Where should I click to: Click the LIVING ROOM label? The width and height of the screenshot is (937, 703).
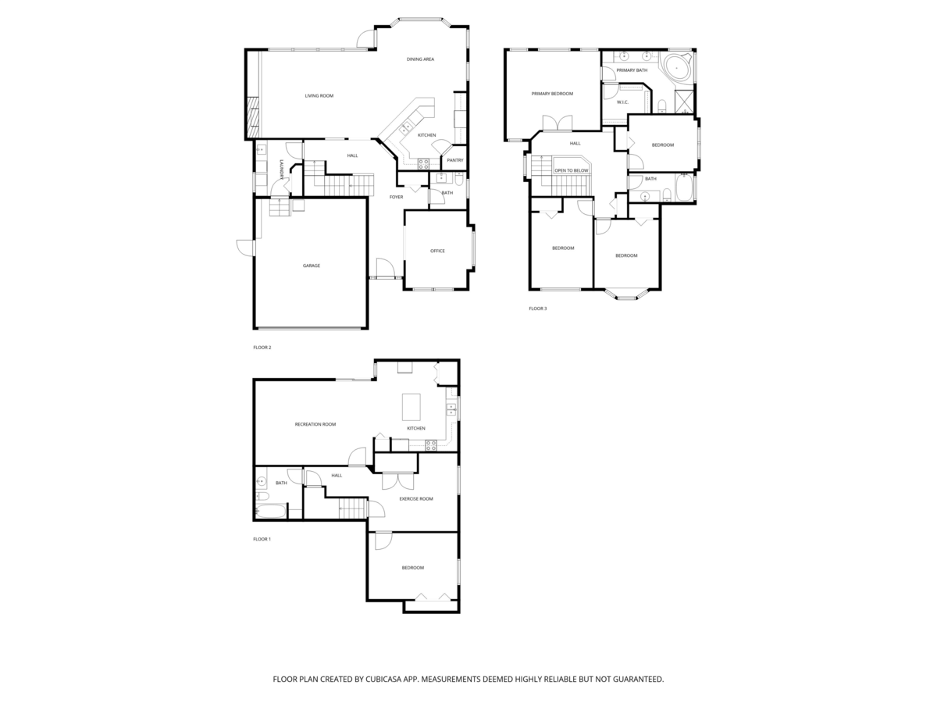(x=319, y=96)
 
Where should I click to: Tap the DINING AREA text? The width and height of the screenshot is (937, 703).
(x=420, y=59)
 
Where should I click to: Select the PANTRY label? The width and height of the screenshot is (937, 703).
(x=455, y=160)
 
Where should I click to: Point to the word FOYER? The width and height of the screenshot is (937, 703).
(x=397, y=197)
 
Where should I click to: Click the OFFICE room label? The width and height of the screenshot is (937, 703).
(x=437, y=251)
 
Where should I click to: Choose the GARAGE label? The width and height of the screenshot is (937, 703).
(x=312, y=266)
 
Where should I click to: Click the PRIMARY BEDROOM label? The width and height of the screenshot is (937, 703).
(x=552, y=94)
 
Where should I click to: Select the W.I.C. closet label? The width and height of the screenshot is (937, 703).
(x=623, y=102)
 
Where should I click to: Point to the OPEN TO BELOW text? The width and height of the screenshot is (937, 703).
(x=572, y=170)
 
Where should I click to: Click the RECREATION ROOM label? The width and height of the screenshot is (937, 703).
(x=315, y=424)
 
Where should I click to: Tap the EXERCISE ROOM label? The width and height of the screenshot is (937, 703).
(x=416, y=498)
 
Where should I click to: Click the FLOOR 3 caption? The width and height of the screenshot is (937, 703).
(x=538, y=309)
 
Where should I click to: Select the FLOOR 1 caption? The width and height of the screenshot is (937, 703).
(x=262, y=539)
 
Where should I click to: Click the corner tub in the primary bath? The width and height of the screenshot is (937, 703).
(x=676, y=68)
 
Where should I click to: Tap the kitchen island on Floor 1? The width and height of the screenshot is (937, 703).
(x=411, y=406)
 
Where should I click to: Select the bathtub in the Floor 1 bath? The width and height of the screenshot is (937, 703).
(x=272, y=512)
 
